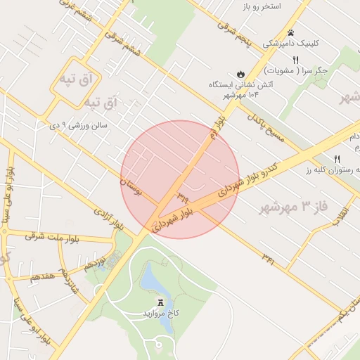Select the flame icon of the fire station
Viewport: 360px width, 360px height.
pos(241,72)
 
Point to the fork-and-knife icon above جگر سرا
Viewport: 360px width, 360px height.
pos(296,60)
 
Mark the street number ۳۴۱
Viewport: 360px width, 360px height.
pos(266,261)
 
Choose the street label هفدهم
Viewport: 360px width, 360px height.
pos(42,277)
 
